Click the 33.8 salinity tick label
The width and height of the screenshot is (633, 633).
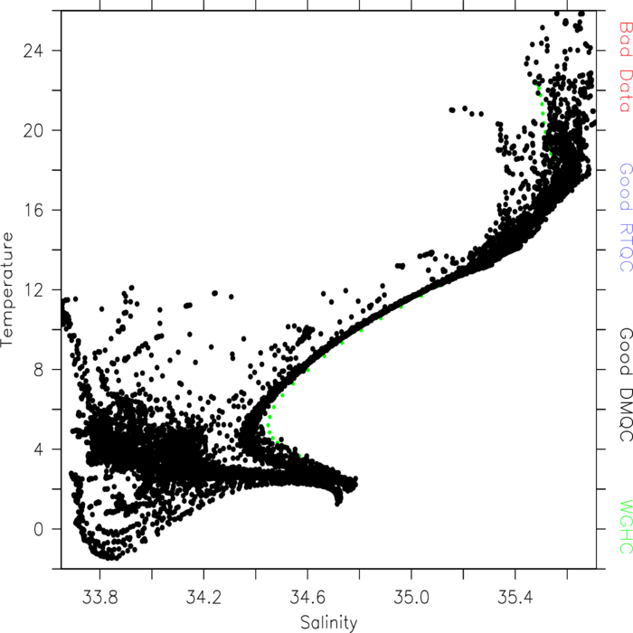tap(99, 597)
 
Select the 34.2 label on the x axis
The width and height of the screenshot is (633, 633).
tap(203, 597)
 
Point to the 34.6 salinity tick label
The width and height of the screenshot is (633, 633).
tap(307, 597)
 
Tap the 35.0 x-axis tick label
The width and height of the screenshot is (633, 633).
tap(411, 597)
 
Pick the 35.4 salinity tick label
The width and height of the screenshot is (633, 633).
tap(515, 597)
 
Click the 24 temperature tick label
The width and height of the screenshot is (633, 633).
tap(33, 52)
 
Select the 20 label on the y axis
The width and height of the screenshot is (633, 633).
tap(33, 131)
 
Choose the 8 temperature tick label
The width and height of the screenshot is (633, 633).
tap(38, 370)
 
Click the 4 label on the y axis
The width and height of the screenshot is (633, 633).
tap(38, 449)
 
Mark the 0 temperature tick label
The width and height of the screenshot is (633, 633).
tap(38, 529)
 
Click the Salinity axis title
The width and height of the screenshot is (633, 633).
tap(329, 623)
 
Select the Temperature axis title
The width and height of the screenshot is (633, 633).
tap(7, 289)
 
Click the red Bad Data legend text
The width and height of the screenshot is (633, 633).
tap(626, 67)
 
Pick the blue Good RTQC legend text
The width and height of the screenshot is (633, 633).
tap(626, 217)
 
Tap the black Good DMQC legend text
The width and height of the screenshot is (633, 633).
tap(626, 384)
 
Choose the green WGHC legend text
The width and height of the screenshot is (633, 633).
tap(626, 527)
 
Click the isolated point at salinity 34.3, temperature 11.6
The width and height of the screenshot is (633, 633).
tap(231, 297)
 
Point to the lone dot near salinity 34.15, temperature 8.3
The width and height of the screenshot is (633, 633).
tap(195, 363)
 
